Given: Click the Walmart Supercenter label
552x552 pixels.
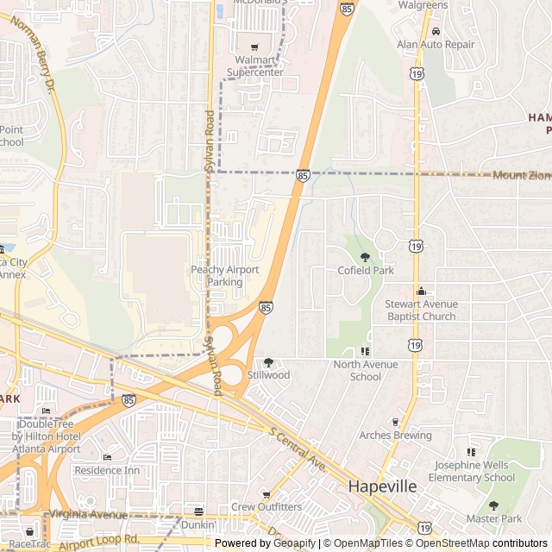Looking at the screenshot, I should pyautogui.click(x=254, y=66).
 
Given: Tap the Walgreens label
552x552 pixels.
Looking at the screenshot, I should pyautogui.click(x=423, y=5).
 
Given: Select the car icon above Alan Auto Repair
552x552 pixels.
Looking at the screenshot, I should pyautogui.click(x=436, y=30).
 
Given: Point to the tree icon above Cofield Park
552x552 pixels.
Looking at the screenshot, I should pyautogui.click(x=365, y=257).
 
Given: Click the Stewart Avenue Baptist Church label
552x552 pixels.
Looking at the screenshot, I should pyautogui.click(x=421, y=310).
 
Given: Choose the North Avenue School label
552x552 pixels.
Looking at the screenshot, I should pyautogui.click(x=366, y=371).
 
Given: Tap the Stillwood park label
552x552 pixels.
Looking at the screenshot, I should pyautogui.click(x=268, y=375).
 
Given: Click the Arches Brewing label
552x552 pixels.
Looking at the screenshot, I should pyautogui.click(x=396, y=436).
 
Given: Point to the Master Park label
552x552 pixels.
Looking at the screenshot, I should pyautogui.click(x=494, y=518).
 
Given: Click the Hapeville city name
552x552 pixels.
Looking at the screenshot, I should pyautogui.click(x=382, y=486).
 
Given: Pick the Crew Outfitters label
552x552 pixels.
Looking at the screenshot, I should pyautogui.click(x=266, y=507).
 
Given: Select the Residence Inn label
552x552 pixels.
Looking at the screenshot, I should pyautogui.click(x=107, y=470).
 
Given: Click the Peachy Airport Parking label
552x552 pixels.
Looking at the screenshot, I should pyautogui.click(x=224, y=276).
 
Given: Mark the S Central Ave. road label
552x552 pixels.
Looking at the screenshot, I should pyautogui.click(x=297, y=449).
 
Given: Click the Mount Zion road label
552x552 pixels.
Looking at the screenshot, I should pyautogui.click(x=521, y=175).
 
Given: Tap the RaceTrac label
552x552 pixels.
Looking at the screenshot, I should pyautogui.click(x=31, y=543).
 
